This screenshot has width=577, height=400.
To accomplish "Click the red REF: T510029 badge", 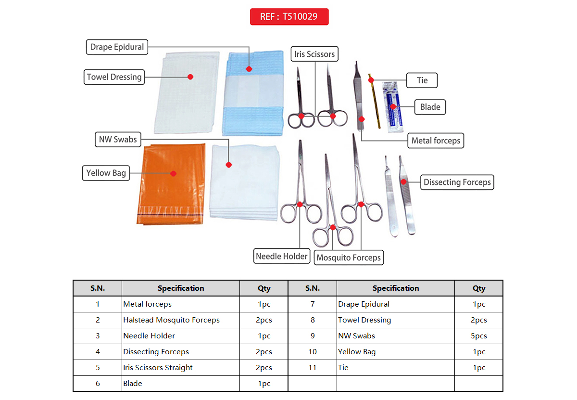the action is (289, 17).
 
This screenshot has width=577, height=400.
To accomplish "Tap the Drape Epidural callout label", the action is (117, 47).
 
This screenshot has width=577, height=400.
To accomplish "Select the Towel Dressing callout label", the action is (114, 77).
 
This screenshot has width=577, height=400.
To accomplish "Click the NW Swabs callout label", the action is (118, 140).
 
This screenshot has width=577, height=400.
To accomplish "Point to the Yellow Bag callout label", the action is (106, 173).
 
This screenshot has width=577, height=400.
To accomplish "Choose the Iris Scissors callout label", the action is (314, 54).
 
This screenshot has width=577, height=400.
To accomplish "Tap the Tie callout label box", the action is (422, 80).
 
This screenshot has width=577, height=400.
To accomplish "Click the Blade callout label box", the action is (430, 107).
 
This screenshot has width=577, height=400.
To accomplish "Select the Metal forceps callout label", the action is (436, 141).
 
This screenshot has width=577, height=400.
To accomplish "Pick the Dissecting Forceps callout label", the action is (457, 182).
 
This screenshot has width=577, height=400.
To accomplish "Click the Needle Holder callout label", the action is (282, 256).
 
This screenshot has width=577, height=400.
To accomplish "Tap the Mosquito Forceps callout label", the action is (349, 258).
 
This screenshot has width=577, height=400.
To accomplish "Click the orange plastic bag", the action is (171, 184).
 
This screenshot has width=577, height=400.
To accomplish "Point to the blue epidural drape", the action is (253, 93).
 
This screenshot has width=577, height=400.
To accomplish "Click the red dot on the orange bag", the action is (174, 174).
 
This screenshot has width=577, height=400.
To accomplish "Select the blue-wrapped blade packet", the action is (393, 107).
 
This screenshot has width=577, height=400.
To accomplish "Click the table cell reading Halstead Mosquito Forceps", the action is (181, 320).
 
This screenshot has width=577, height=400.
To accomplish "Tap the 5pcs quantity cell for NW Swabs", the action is (478, 336).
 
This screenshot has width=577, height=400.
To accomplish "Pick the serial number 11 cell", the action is (312, 367).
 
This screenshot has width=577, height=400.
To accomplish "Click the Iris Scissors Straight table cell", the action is (181, 367).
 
